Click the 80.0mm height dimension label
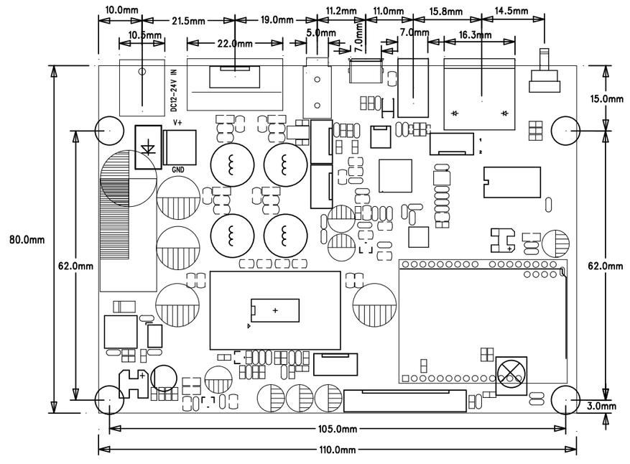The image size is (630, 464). click(x=27, y=240)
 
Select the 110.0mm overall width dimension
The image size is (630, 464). click(x=337, y=450)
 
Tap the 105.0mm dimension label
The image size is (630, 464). click(x=337, y=429)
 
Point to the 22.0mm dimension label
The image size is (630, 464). click(x=235, y=43)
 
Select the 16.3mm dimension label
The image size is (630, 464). click(x=475, y=35)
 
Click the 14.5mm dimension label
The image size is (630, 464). click(x=511, y=11)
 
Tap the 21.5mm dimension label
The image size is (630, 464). click(x=188, y=21)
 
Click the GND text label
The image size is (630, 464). click(x=178, y=170)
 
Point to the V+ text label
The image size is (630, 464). click(x=177, y=123)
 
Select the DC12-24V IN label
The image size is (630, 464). click(x=174, y=91)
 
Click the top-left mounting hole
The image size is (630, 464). click(x=109, y=131)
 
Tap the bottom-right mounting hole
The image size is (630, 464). click(x=566, y=400)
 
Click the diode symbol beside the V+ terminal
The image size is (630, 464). click(x=148, y=147)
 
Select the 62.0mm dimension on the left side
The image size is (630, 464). click(x=76, y=266)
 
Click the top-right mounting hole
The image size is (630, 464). click(x=566, y=131)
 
